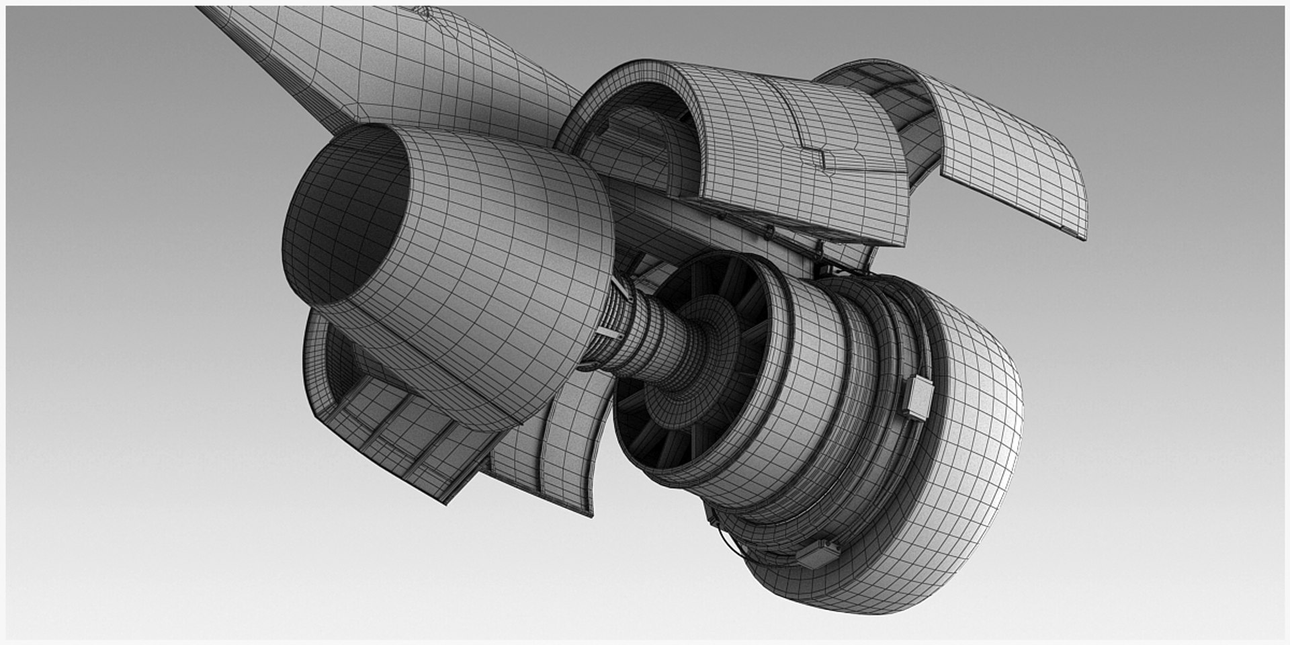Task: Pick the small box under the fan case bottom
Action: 818,554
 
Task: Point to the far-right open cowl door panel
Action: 1008,155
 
